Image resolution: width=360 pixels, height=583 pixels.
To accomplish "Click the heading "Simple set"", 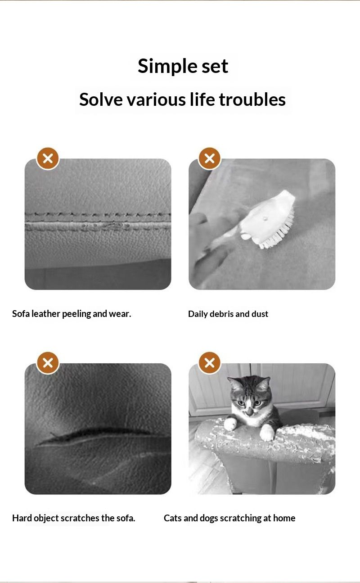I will click(183, 66).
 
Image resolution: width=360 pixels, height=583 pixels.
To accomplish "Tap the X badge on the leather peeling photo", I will click(48, 158).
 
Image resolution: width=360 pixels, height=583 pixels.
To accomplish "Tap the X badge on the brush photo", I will click(209, 158).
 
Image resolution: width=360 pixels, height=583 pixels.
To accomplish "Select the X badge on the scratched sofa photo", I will click(48, 362).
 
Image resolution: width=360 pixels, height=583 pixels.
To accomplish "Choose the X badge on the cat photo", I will click(209, 362).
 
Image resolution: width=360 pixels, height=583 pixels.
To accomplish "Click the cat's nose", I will click(249, 411).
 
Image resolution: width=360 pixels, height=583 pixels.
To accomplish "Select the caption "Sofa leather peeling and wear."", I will click(72, 314).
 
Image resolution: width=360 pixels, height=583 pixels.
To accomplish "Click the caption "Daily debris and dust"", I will click(228, 314).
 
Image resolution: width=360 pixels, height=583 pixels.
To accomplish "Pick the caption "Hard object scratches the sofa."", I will click(73, 518).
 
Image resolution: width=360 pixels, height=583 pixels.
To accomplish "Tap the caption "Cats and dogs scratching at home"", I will click(229, 518).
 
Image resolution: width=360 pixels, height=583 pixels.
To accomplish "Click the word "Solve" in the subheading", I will click(101, 99).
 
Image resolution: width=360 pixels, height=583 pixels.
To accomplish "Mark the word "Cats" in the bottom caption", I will click(172, 518).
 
